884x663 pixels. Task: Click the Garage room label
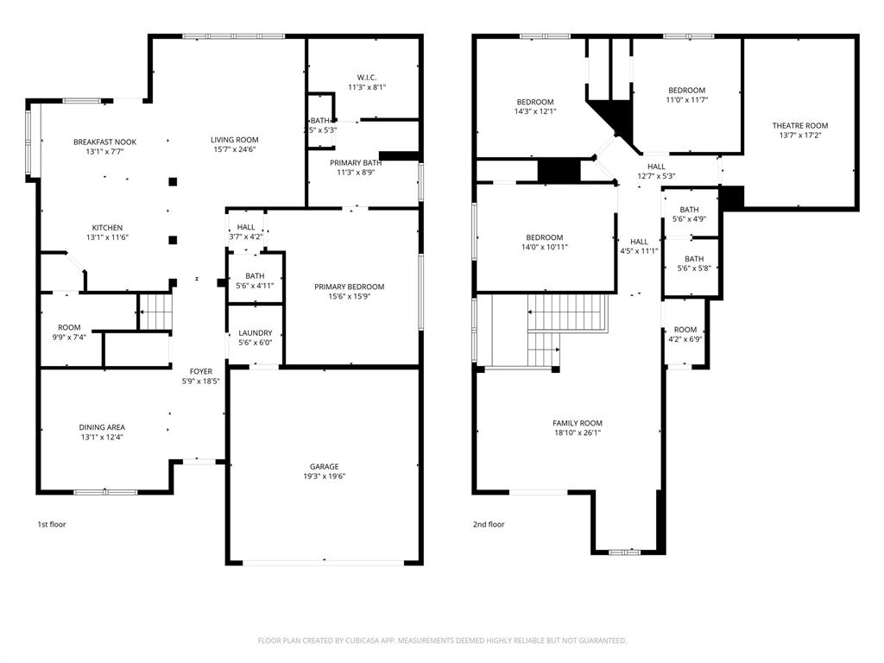[325, 467]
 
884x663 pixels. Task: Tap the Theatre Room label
[799, 126]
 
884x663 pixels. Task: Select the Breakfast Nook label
[104, 142]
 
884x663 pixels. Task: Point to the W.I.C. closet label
[367, 78]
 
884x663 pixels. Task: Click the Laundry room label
[256, 333]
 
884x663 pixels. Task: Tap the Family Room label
[578, 423]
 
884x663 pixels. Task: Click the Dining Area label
[102, 427]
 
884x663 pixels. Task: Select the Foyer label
[201, 372]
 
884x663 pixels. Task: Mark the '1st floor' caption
[51, 524]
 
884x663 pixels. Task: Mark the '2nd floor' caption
[489, 524]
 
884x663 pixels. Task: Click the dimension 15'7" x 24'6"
[234, 149]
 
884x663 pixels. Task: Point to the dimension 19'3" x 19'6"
[325, 476]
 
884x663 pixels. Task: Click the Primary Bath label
[356, 162]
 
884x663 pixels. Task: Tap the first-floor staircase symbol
[155, 311]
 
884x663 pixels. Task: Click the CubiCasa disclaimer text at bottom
[442, 641]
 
